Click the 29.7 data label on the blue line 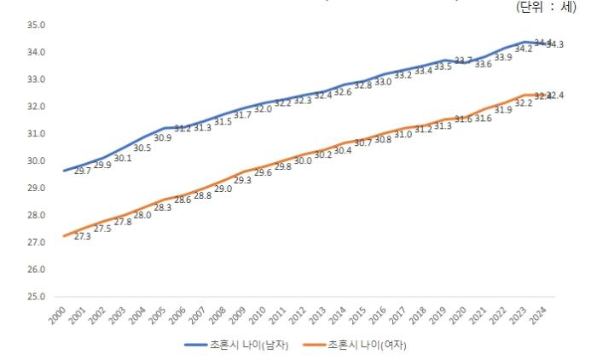pos(84,171)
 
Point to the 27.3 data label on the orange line pos(84,236)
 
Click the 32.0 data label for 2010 pos(262,109)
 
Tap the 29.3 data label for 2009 pos(241,181)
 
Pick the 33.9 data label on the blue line pos(503,58)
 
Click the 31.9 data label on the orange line pos(503,111)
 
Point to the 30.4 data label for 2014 pos(343,151)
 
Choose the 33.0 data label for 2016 pos(384,82)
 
